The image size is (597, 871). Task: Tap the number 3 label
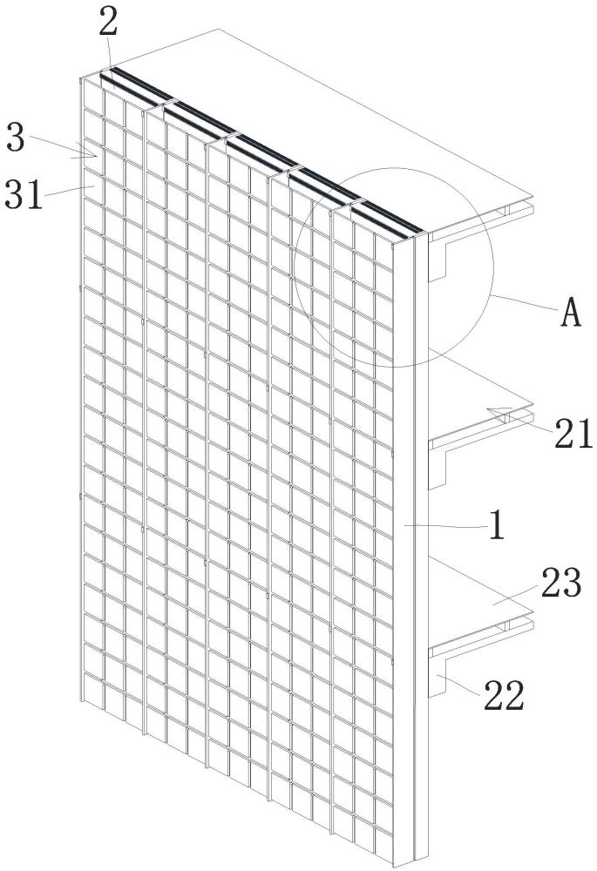[x=16, y=138]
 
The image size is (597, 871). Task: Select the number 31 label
[x=24, y=195]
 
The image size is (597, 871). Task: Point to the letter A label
[x=571, y=312]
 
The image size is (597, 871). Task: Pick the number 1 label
[x=497, y=525]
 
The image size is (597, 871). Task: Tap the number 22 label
[x=504, y=695]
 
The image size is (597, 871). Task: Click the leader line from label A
[x=524, y=303]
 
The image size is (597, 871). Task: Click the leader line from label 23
[x=515, y=595]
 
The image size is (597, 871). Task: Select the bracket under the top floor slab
[x=438, y=259]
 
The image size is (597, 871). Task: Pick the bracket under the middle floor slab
[x=438, y=469]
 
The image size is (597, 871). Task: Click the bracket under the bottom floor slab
[x=438, y=676]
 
